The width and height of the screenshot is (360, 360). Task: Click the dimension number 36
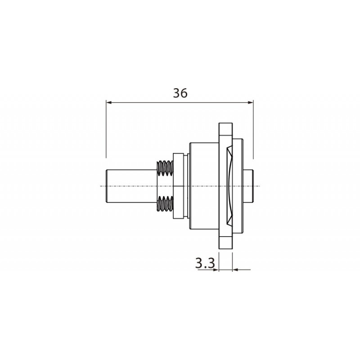click(x=180, y=93)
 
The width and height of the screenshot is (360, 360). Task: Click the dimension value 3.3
click(x=205, y=263)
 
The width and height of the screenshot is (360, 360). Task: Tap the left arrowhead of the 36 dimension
click(x=108, y=103)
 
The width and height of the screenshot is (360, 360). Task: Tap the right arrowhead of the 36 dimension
click(x=251, y=103)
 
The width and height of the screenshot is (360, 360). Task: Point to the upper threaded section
click(x=165, y=169)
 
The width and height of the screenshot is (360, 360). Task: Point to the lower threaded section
click(x=165, y=203)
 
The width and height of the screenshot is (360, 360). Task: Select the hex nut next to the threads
click(x=178, y=185)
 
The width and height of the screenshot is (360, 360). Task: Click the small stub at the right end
click(x=252, y=185)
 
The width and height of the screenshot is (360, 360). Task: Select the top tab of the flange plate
click(x=225, y=130)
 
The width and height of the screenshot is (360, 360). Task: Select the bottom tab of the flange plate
click(x=225, y=242)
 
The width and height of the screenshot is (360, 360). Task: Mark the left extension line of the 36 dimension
click(x=106, y=130)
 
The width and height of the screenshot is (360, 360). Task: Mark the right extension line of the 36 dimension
click(x=253, y=130)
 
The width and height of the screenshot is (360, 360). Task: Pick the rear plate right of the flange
click(x=238, y=185)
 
